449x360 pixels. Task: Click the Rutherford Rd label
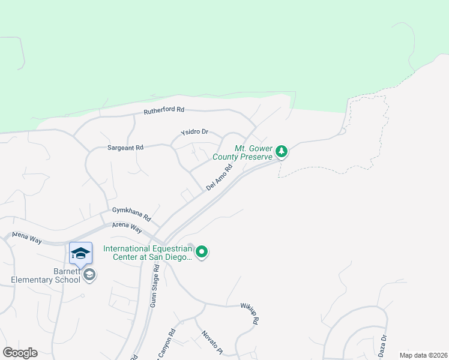(164, 111)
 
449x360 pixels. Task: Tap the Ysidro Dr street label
(194, 132)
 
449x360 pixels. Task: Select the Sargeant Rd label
(125, 148)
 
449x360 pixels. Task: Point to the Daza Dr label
(382, 346)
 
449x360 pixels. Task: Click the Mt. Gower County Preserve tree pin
(282, 152)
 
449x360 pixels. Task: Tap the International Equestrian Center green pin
(202, 252)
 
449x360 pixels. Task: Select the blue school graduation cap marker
(80, 254)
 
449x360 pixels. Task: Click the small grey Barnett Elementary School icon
(89, 275)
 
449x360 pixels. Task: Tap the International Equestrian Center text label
(148, 253)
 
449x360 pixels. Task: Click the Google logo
(20, 353)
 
